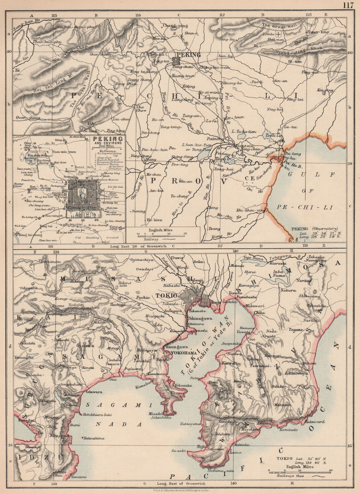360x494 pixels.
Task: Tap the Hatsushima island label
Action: coord(94,438)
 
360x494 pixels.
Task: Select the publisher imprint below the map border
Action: coord(180,490)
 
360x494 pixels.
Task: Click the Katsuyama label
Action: coord(190,424)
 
